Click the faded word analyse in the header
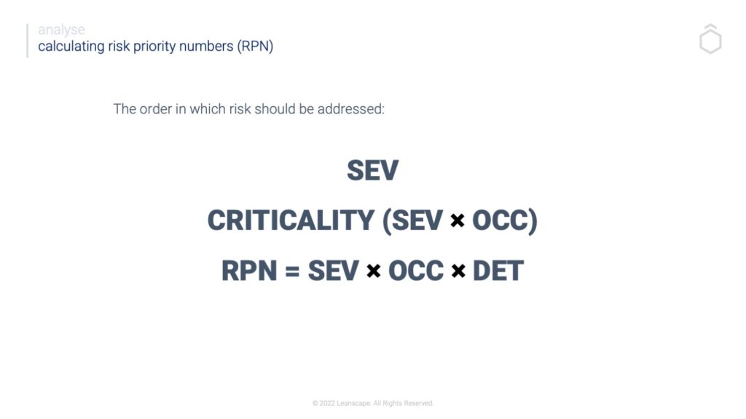(61, 30)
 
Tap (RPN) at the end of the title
(255, 47)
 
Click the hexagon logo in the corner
(710, 39)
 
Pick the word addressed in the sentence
(350, 109)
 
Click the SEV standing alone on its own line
(372, 170)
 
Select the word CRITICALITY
(291, 220)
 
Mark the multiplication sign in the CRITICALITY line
(458, 220)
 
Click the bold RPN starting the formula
(249, 271)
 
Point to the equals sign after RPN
(292, 271)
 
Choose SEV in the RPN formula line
(334, 271)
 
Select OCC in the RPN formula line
(416, 271)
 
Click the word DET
(498, 271)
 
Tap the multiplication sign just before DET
(458, 271)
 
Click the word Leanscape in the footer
(353, 403)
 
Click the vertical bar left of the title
(28, 41)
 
